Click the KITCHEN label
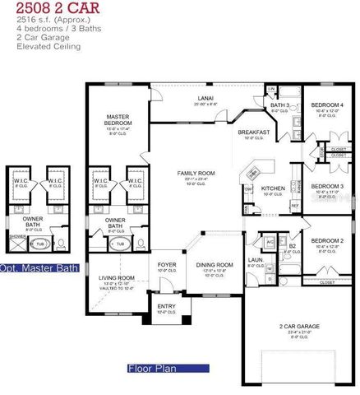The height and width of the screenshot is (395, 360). (x=273, y=188)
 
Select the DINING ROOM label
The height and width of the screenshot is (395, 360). (x=215, y=264)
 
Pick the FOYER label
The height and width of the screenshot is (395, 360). (x=168, y=264)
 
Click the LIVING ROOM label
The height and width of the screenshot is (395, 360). (x=116, y=278)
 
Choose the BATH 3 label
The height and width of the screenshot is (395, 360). (x=280, y=105)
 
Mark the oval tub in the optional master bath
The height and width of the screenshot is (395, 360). (x=38, y=244)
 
